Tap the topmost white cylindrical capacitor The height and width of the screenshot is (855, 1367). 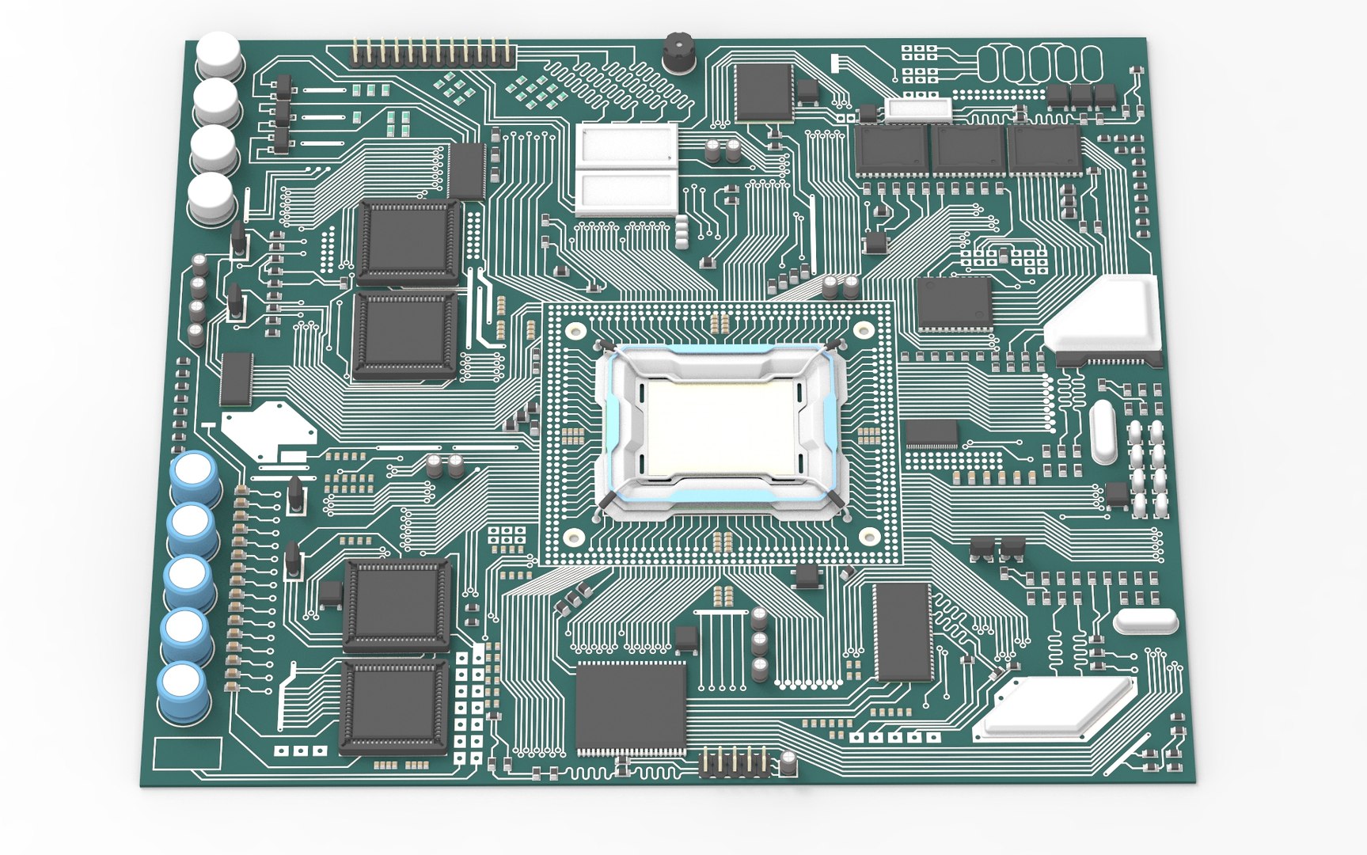pos(218,54)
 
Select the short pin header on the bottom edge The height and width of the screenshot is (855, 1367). pos(735,762)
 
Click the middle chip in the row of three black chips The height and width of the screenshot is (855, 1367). pos(967,150)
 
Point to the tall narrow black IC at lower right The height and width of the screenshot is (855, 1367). pos(902,632)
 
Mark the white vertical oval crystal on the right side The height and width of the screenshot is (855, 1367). pos(1102,431)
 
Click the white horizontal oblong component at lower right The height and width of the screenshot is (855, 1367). pos(1145,621)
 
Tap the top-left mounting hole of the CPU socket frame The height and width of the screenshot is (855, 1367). pos(575,329)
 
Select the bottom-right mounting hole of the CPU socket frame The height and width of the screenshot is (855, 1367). pos(869,536)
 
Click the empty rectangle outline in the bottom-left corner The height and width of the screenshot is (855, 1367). pos(187,753)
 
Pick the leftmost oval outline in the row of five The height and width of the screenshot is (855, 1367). pos(995,64)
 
